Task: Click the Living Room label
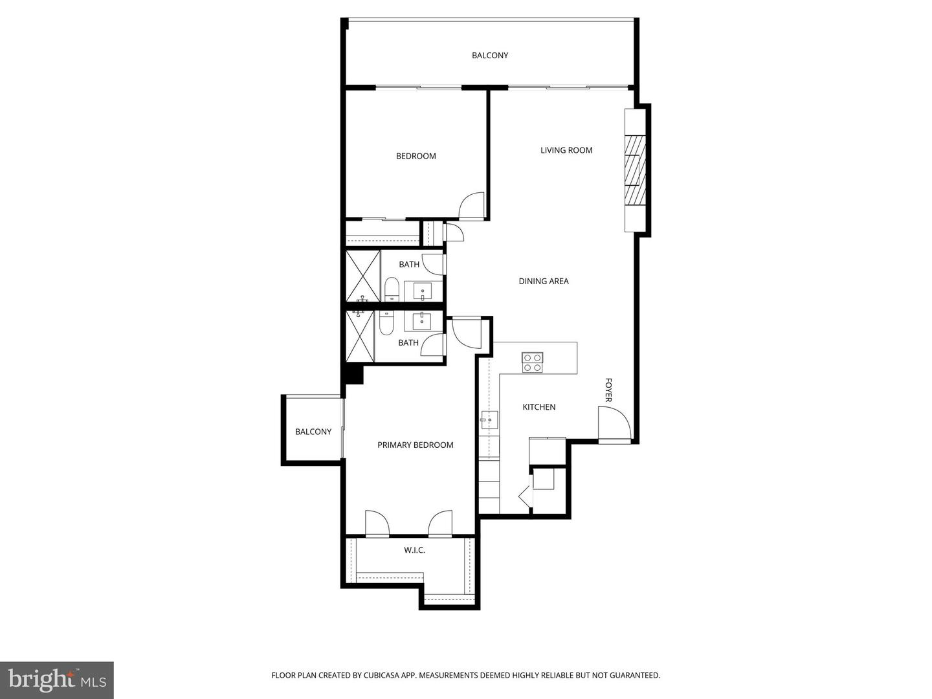tap(566, 150)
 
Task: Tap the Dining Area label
tap(543, 281)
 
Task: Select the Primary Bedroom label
tap(415, 445)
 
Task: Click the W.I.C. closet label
tap(414, 550)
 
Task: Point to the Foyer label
tap(608, 390)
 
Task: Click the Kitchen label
tap(538, 407)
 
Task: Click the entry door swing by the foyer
tap(614, 425)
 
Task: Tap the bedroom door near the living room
tap(472, 206)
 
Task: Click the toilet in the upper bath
tap(392, 289)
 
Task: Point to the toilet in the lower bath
tap(386, 322)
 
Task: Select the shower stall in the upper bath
tap(362, 276)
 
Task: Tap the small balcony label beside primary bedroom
tap(313, 432)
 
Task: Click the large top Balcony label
tap(490, 56)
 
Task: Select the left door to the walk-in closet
tap(376, 524)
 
